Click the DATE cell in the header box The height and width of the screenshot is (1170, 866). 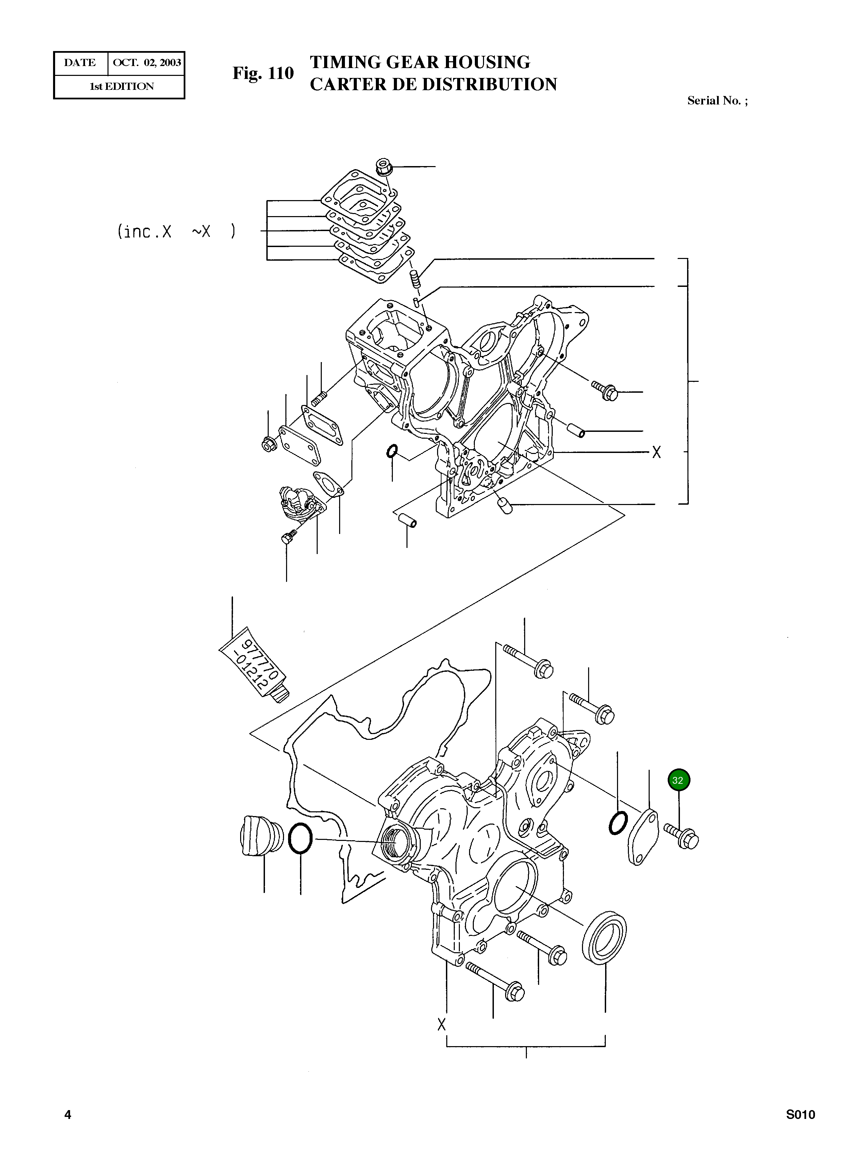80,63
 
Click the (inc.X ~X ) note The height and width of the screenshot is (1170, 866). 176,231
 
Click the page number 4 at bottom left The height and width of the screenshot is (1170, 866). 68,1130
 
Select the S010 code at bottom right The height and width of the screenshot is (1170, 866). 800,1130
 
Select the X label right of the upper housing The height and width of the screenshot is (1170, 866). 656,452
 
